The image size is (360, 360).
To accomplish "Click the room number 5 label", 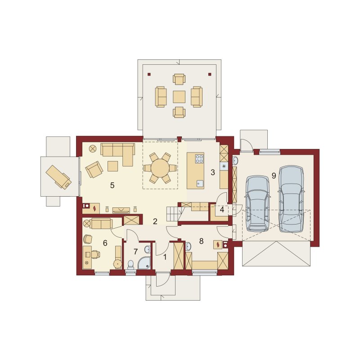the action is point(112,185).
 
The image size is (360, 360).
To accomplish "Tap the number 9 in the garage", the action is point(274,175).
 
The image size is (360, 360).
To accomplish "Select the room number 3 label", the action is point(212,172).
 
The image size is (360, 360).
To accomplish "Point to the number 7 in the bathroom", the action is point(135,252).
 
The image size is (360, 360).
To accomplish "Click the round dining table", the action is point(160,168).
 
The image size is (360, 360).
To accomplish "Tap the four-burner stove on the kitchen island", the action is point(199,159).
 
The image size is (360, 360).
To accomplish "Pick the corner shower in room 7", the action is point(145,263).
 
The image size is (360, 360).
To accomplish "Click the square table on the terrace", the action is point(179,97).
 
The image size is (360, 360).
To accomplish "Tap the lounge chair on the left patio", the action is point(59,176).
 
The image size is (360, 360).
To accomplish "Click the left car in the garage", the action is point(257,204).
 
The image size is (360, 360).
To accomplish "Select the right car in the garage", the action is point(291,199).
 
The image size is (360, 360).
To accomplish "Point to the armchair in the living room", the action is point(94,170).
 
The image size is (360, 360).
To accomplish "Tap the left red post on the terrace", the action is point(149,74).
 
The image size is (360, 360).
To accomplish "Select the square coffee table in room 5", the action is point(113,166).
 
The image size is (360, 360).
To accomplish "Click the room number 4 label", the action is point(222,210).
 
